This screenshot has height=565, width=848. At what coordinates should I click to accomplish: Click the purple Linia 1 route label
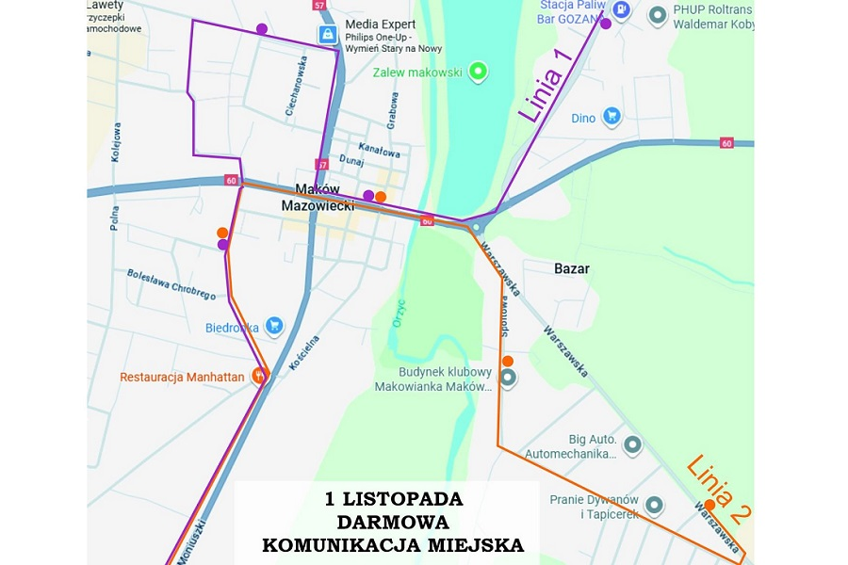(x=546, y=86)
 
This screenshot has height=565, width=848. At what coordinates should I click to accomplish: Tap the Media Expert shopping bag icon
(x=326, y=35)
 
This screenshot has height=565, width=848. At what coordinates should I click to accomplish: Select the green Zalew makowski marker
(x=479, y=71)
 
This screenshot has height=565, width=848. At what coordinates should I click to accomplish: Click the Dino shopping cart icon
(x=612, y=117)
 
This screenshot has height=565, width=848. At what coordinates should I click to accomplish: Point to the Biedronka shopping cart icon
(x=273, y=326)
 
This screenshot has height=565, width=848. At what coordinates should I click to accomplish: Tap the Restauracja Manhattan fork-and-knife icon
(x=260, y=375)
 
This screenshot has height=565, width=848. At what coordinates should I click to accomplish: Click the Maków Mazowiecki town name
(x=318, y=197)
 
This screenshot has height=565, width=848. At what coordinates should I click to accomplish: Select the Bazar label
(x=571, y=268)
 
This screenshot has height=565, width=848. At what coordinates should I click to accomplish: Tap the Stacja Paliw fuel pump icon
(x=620, y=9)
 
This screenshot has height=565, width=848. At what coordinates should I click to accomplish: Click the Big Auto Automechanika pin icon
(x=632, y=444)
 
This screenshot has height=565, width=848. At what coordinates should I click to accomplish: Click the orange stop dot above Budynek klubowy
(x=507, y=362)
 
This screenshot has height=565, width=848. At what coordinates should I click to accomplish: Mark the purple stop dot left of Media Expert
(x=261, y=29)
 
